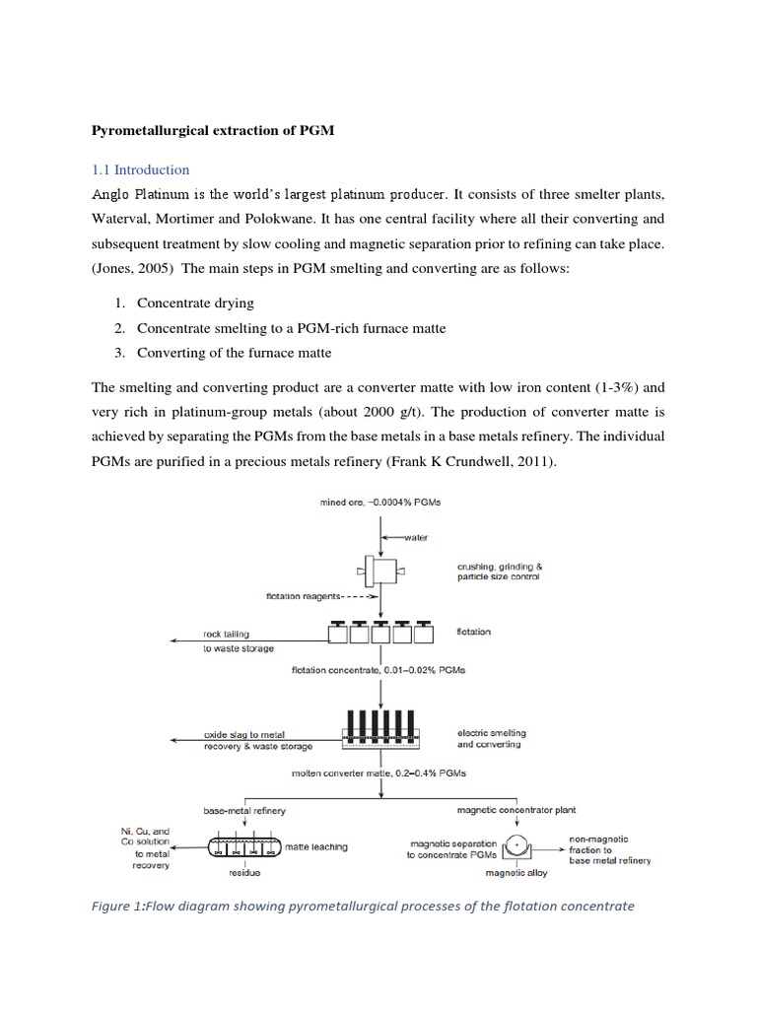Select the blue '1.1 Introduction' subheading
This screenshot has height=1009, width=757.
coord(140,169)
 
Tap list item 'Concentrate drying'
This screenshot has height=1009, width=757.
coord(195,303)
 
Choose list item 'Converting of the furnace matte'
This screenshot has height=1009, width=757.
coord(234,353)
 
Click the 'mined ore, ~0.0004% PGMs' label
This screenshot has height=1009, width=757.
coord(381,503)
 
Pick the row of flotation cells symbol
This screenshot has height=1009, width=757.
coord(380,632)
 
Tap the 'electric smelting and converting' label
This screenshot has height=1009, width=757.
coord(492,738)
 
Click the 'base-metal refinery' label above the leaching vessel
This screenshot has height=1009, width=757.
coord(243,810)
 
